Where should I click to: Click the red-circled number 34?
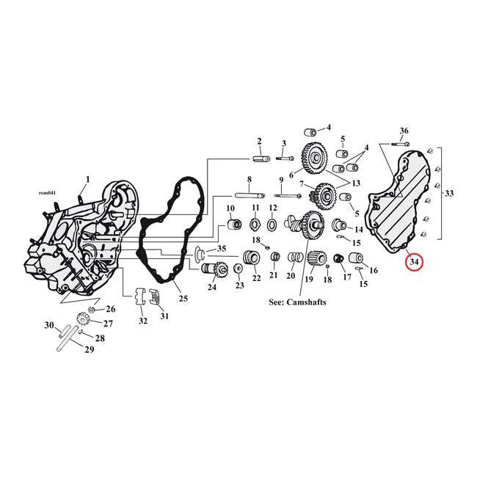[414, 261]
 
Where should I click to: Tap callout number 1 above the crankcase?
[88, 179]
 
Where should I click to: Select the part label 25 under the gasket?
[183, 298]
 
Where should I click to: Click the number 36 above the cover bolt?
[404, 131]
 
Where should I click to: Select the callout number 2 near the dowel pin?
[258, 141]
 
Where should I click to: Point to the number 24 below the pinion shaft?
[211, 287]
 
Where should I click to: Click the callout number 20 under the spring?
[291, 276]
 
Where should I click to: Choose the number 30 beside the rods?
[50, 325]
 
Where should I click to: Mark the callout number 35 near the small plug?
[222, 249]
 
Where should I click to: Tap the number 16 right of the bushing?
[374, 271]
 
